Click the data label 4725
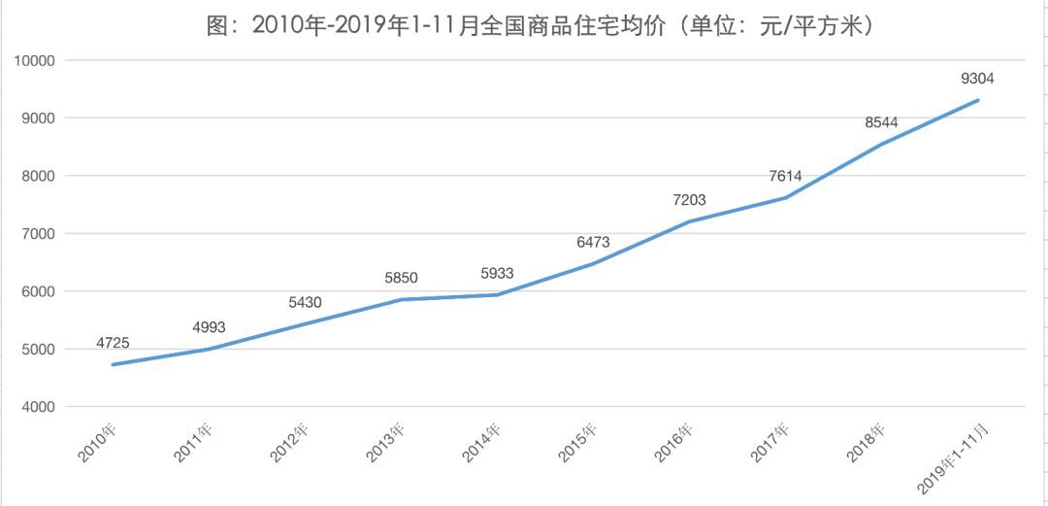coord(113,343)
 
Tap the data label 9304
coord(977,79)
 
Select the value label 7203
coord(689,200)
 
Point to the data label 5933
coord(497,274)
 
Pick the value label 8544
coord(881,122)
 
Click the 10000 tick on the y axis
coord(35,60)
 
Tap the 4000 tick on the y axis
coord(39,407)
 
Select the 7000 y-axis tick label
coord(39,234)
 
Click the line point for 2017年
coord(785,197)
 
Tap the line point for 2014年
coord(497,294)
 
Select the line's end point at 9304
coord(977,100)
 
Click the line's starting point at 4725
coord(113,364)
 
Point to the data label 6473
coord(593,242)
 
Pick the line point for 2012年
coord(305,323)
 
